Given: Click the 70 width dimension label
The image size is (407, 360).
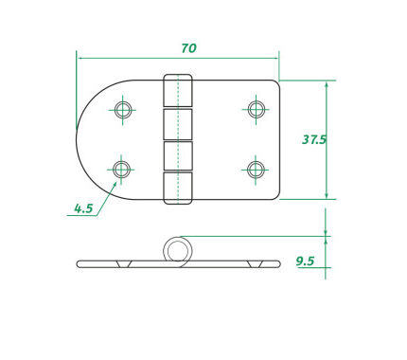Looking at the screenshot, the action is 188,48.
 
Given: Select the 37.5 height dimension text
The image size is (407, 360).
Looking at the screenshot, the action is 314,139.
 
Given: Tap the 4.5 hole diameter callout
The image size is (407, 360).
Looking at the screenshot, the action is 83,208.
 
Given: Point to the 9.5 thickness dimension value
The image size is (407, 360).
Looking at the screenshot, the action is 305,261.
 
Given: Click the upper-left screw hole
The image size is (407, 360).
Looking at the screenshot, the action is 122,110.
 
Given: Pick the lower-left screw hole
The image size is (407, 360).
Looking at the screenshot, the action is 121,170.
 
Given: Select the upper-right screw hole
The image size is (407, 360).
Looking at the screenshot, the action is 256,109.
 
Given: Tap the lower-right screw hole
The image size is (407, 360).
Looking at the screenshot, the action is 256,170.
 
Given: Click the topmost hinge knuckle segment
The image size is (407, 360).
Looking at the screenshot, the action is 178,90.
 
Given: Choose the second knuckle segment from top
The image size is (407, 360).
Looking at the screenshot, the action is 178,124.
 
